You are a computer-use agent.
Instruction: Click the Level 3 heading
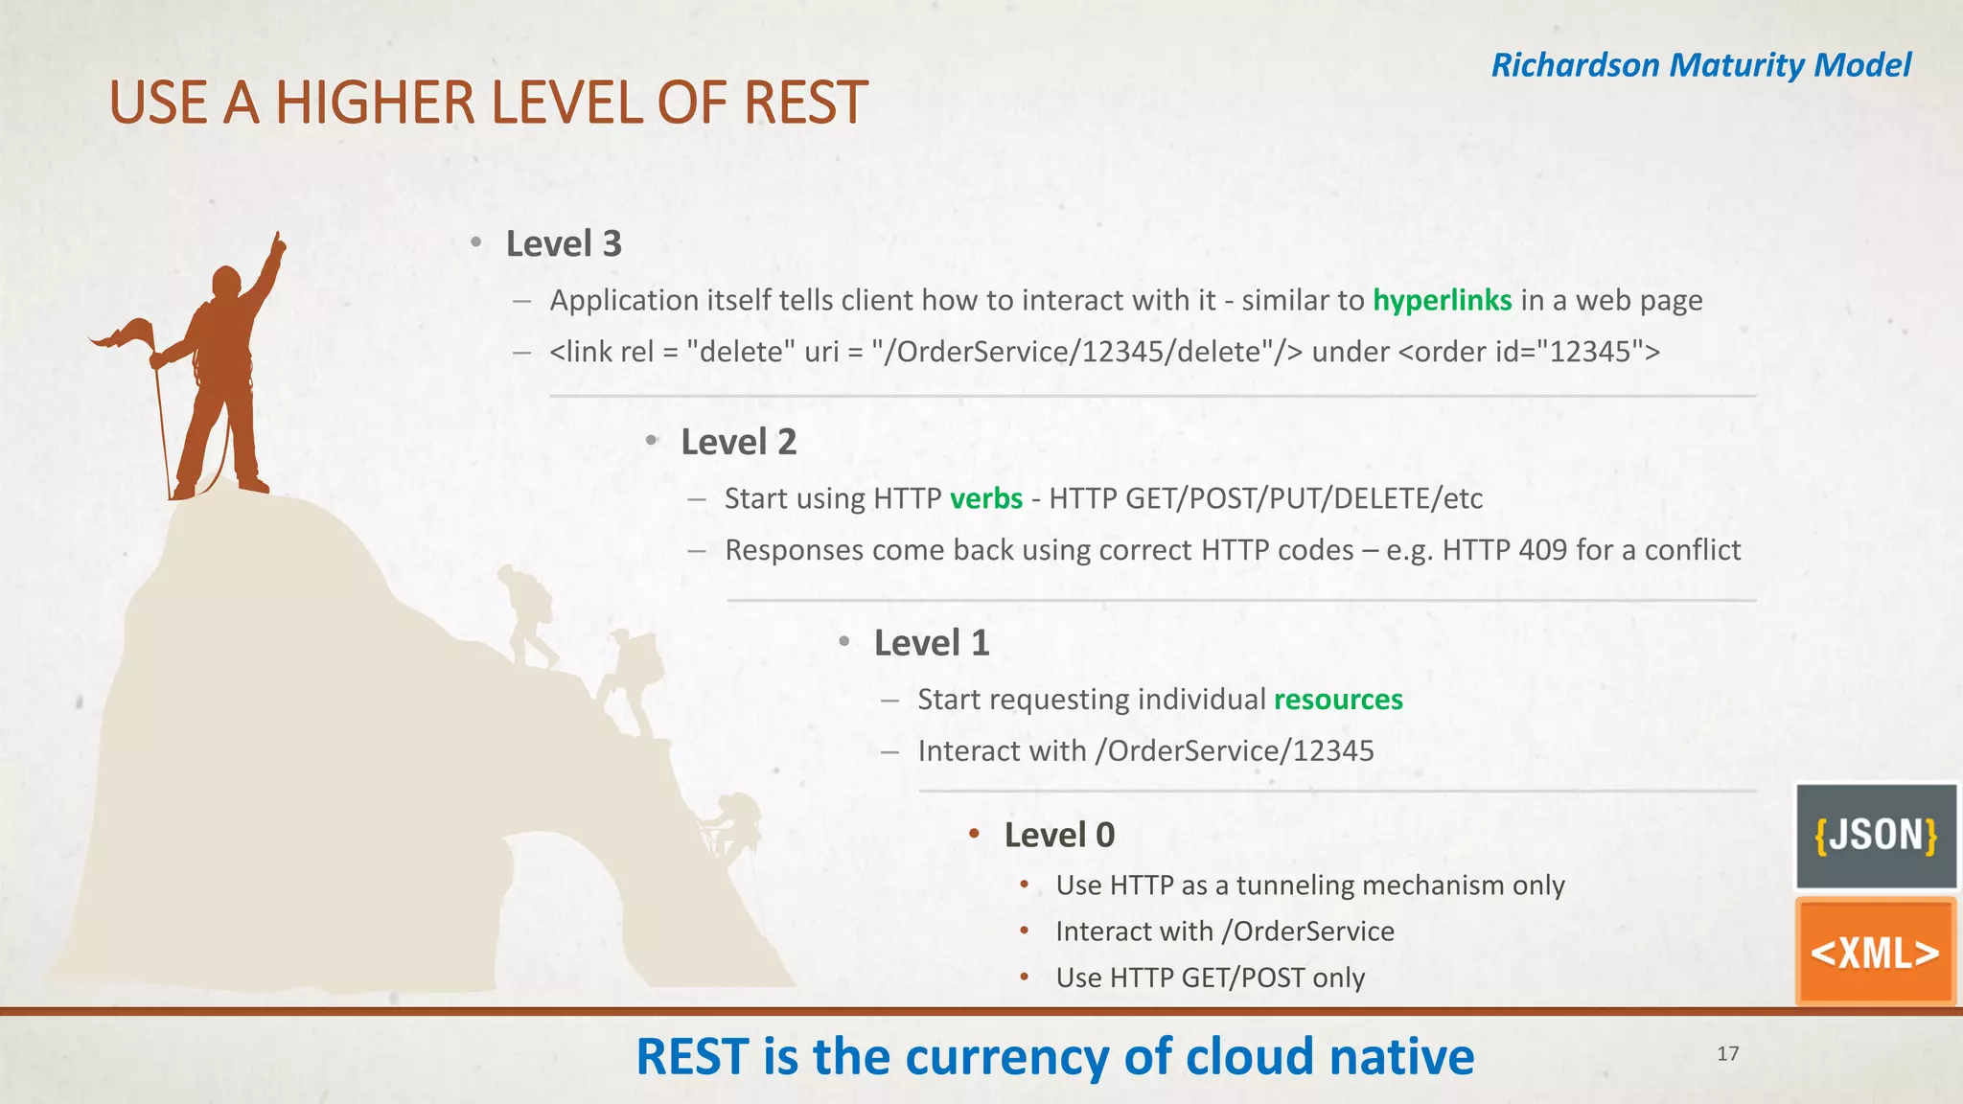(x=564, y=243)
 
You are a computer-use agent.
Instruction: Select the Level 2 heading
(x=738, y=442)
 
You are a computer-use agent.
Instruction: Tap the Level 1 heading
(x=931, y=642)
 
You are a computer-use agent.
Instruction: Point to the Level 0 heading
(x=1059, y=835)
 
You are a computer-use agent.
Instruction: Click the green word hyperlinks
(x=1442, y=300)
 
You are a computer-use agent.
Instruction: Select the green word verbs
(x=986, y=498)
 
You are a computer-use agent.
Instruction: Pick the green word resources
(x=1338, y=700)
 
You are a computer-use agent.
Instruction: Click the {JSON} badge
(x=1876, y=836)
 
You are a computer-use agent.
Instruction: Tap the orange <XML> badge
(x=1875, y=953)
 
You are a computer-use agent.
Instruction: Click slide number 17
(x=1727, y=1054)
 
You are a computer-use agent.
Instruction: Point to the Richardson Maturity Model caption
(x=1700, y=65)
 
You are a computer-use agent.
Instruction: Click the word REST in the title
(x=805, y=103)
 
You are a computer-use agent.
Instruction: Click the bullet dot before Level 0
(x=974, y=834)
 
